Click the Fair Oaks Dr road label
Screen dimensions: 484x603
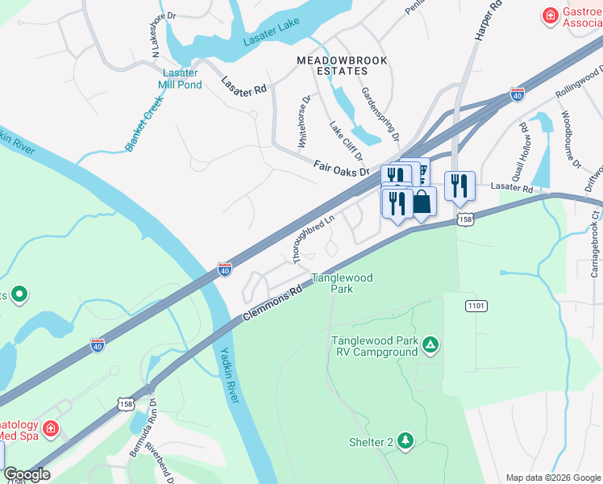(341, 168)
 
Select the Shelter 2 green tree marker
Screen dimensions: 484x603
(405, 440)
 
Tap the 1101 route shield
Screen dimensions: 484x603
(476, 306)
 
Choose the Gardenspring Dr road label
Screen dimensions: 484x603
(380, 115)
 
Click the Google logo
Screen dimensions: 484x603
(27, 475)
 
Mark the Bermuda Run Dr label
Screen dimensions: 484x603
(140, 436)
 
